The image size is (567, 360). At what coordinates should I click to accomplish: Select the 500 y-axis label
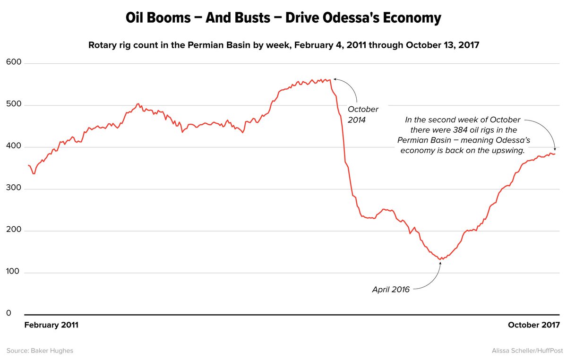14,104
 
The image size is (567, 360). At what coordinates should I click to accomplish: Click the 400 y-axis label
14,146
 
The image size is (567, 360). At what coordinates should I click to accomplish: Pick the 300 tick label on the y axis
14,189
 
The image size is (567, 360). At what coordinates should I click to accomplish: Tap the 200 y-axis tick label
14,231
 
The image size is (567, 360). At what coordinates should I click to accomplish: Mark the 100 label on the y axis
14,273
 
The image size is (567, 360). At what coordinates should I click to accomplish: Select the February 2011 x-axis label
51,325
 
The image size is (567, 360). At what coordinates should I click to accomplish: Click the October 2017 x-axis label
533,325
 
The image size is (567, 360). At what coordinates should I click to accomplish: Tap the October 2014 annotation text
363,115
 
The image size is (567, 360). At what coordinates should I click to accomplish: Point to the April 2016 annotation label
391,289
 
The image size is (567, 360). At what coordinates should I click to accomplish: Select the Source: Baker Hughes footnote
40,351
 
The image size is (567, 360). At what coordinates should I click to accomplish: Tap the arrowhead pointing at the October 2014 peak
334,79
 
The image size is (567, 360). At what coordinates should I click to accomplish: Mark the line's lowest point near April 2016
441,259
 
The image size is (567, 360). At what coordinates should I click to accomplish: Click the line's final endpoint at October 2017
555,154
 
